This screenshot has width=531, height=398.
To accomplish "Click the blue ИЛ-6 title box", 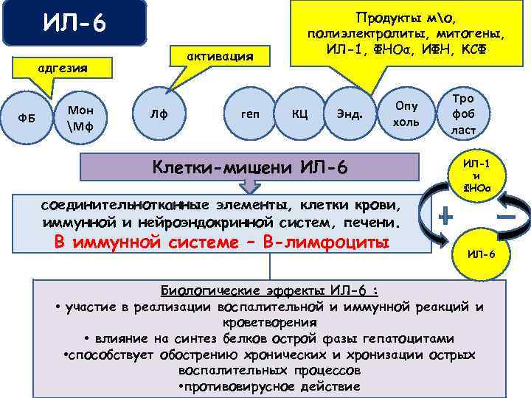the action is click(74, 24).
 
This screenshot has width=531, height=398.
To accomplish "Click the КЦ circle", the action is click(300, 115).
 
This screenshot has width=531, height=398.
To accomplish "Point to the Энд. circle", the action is click(349, 115).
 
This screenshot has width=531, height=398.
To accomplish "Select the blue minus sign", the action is click(505, 217).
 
